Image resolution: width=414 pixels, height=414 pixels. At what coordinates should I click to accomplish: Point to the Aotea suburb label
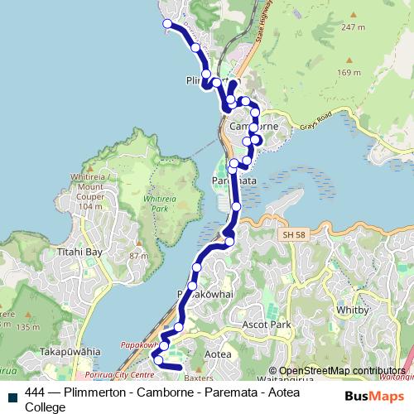point(217,354)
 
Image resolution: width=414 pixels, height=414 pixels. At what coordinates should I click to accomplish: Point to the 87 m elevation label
point(138,256)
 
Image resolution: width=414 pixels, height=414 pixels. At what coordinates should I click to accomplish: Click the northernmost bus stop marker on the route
point(167,24)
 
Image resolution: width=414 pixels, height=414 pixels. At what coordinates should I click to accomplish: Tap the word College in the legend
point(46,407)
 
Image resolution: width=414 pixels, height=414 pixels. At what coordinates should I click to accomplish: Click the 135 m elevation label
point(27,327)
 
